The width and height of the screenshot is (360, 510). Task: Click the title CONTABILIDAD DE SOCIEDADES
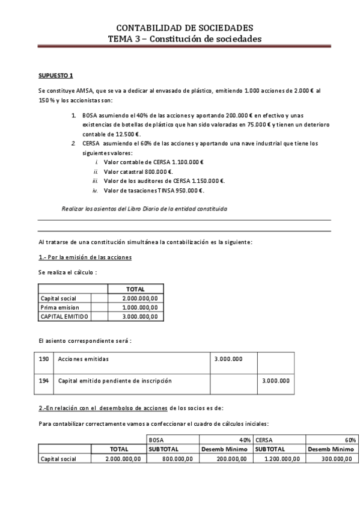click(184, 28)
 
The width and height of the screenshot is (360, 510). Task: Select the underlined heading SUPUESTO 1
click(55, 75)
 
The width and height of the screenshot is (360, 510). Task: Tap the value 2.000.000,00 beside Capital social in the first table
click(139, 298)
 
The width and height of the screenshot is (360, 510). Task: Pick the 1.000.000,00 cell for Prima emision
click(139, 307)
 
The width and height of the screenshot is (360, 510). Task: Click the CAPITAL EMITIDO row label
click(64, 316)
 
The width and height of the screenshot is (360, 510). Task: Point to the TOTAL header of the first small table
click(135, 289)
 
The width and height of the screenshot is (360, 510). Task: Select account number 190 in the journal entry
click(44, 359)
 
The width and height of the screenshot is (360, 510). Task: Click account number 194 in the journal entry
click(44, 381)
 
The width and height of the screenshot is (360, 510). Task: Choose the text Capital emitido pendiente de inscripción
click(115, 381)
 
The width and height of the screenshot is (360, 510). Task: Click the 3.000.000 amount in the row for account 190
click(229, 359)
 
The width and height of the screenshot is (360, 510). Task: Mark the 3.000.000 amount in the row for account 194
click(276, 381)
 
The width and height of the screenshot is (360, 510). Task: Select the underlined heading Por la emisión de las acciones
click(85, 257)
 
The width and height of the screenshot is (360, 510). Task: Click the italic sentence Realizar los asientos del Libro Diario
click(144, 209)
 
